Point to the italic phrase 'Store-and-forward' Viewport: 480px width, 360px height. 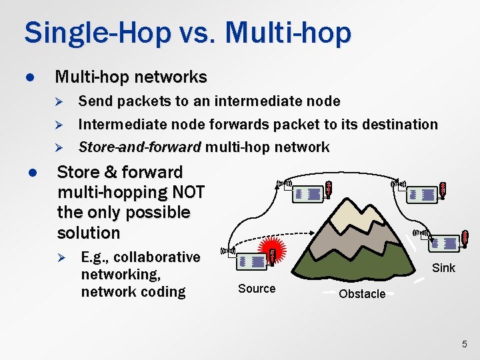click(139, 147)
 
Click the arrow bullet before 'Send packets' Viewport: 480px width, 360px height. click(58, 101)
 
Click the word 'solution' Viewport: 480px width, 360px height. click(89, 233)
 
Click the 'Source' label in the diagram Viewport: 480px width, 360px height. click(257, 288)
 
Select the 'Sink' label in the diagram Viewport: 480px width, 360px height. click(443, 268)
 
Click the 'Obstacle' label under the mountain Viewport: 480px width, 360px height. click(362, 294)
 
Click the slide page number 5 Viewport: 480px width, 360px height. click(465, 344)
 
